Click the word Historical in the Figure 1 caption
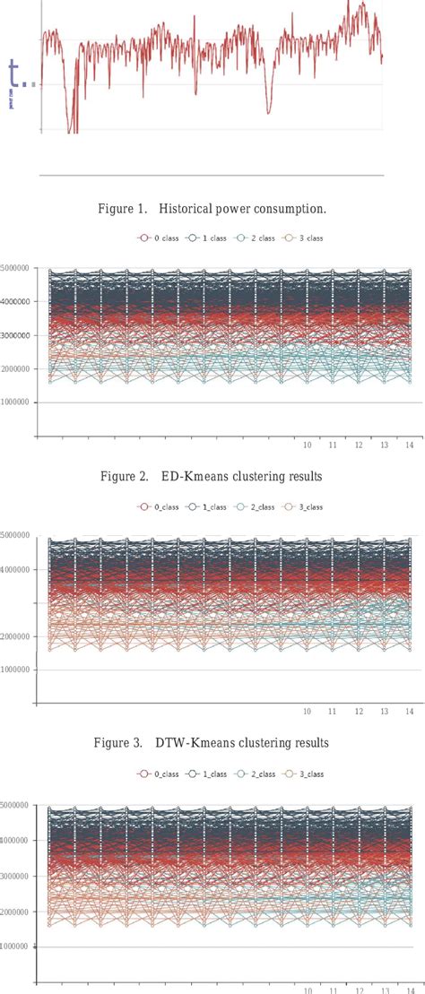[x=186, y=210]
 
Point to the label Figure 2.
[x=124, y=477]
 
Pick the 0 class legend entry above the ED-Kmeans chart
[x=155, y=239]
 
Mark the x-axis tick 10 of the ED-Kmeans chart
[x=307, y=445]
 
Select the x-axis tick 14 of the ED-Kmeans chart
[x=409, y=445]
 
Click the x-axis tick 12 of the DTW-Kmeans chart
[x=358, y=713]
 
